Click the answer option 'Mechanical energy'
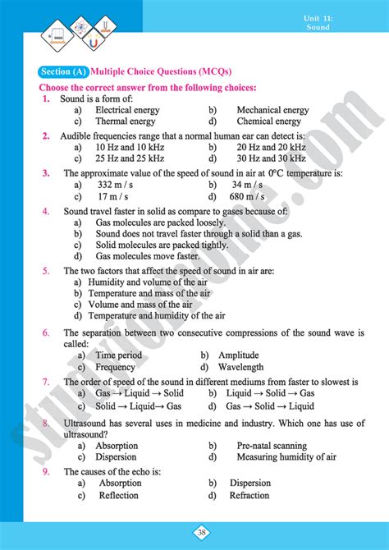tap(272, 110)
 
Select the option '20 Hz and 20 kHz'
tap(271, 147)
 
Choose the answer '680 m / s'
tap(259, 197)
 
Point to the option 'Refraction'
tap(249, 495)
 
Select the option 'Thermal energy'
tap(125, 121)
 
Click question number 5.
tap(46, 270)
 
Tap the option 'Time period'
tap(118, 355)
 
